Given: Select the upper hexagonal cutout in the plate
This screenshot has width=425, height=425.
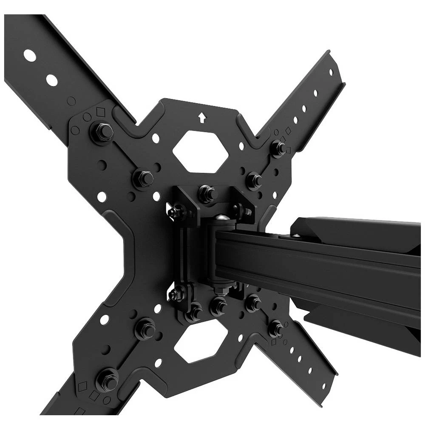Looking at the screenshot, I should [x=201, y=151].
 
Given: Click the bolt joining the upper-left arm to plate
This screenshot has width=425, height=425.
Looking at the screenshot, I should [x=102, y=132].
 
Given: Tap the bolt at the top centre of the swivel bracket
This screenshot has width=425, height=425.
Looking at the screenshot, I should [x=207, y=193].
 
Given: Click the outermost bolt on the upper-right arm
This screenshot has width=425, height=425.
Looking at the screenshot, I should [x=278, y=147].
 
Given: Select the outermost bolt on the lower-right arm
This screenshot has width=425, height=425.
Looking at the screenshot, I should [x=275, y=328].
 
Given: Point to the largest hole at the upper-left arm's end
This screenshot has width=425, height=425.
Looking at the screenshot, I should [x=30, y=55].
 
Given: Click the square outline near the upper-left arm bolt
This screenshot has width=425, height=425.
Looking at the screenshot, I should [x=100, y=112].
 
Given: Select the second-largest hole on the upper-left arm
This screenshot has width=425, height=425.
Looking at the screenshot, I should [x=52, y=79].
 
